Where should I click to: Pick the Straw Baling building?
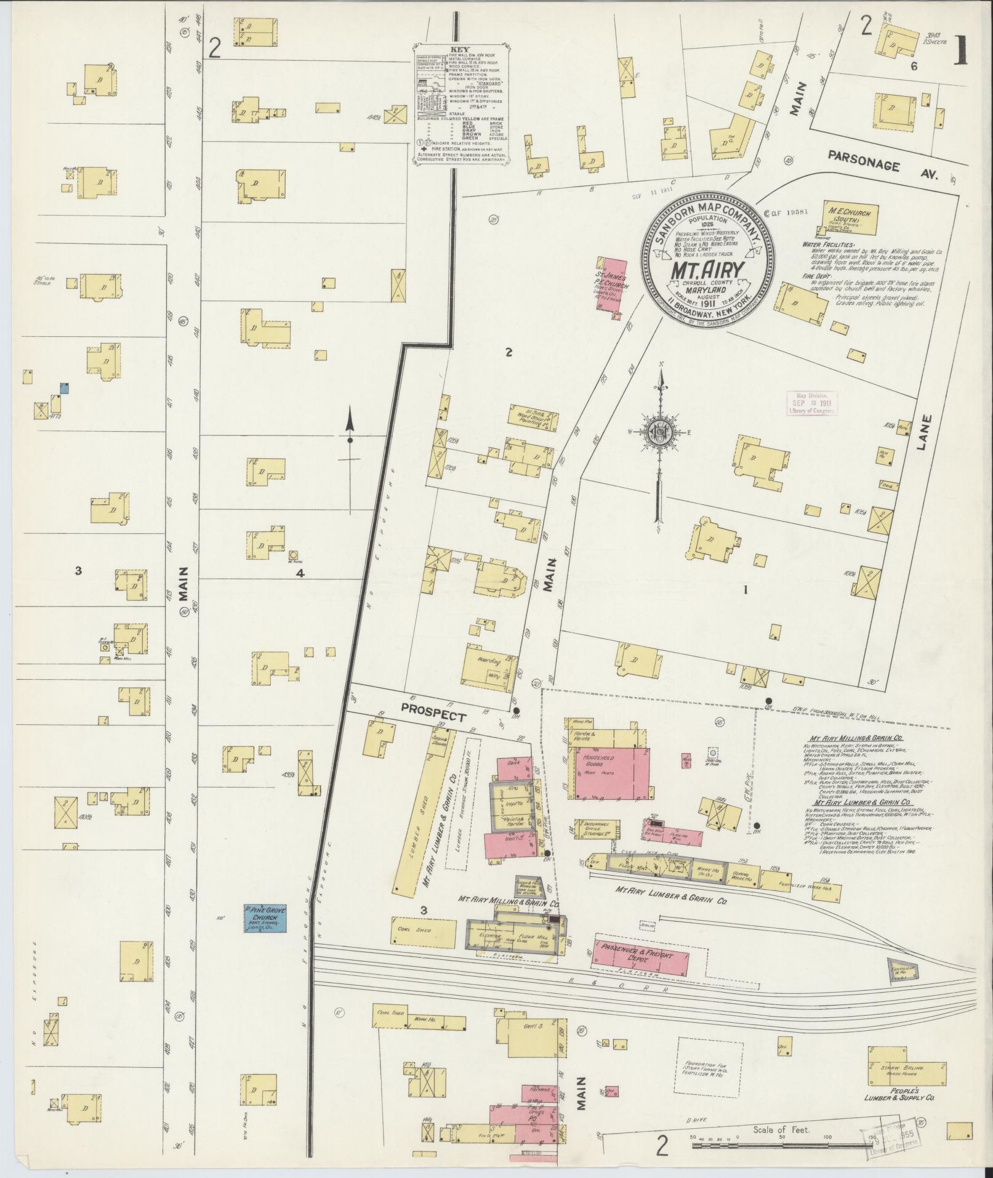[906, 1073]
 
